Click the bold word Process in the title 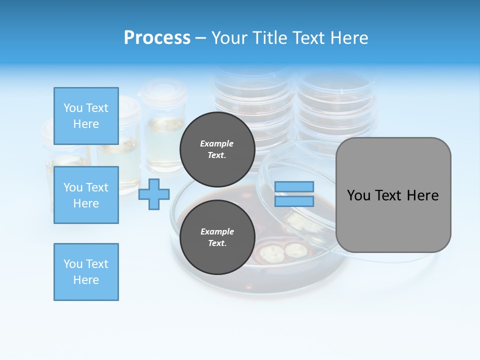pos(157,38)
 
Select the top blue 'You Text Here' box pos(86,116)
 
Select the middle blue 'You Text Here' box pos(86,195)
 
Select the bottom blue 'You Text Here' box pos(86,272)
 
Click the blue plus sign pos(154,194)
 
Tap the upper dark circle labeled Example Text pos(217,149)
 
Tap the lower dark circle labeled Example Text pos(217,237)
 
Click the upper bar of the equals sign pos(294,187)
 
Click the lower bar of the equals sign pos(294,201)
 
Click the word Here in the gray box pos(422,195)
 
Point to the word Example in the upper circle pos(217,143)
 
